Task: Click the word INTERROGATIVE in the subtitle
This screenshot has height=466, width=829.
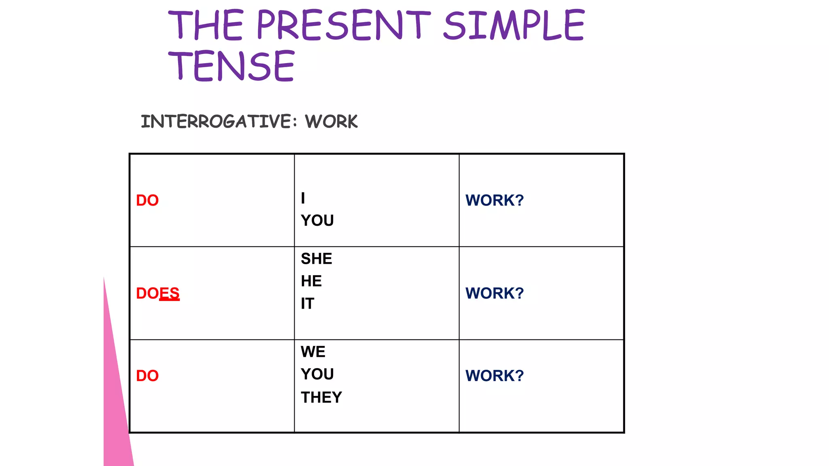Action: click(x=216, y=121)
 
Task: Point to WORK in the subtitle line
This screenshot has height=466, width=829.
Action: click(x=331, y=121)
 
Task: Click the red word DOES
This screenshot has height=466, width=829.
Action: click(x=157, y=293)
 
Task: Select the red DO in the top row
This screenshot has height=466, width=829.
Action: click(x=147, y=201)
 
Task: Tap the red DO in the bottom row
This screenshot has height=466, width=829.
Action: click(x=147, y=376)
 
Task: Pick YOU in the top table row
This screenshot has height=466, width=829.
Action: click(x=317, y=221)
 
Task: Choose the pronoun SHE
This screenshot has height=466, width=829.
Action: click(x=317, y=259)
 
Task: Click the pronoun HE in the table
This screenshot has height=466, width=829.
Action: click(x=311, y=281)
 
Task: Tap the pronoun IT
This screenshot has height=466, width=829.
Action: click(x=308, y=304)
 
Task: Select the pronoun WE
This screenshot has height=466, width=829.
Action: click(x=313, y=352)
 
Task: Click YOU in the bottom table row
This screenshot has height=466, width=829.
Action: click(x=317, y=374)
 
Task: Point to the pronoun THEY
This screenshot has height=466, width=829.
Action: click(x=321, y=398)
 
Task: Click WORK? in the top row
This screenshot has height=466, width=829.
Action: click(x=495, y=201)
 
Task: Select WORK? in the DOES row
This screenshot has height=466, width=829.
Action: click(x=495, y=293)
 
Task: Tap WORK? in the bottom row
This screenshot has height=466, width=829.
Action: click(x=495, y=376)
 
